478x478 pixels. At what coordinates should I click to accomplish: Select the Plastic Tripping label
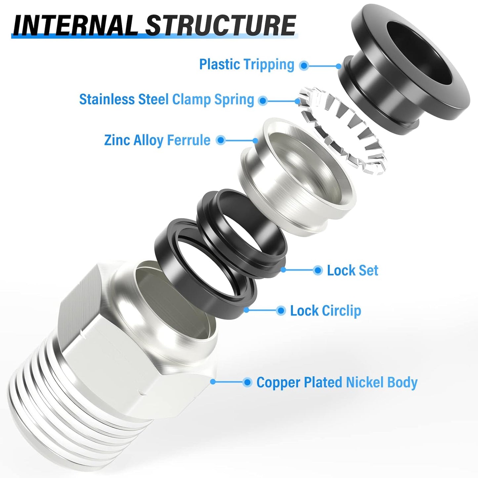pos(246,64)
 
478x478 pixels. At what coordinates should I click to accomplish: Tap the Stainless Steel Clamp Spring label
pos(166,99)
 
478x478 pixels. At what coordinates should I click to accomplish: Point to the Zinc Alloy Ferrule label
pos(157,140)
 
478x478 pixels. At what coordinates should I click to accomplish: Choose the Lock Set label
pos(352,270)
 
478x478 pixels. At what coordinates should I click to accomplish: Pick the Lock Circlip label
pos(326,311)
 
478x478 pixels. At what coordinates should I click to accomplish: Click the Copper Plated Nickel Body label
pos(337,382)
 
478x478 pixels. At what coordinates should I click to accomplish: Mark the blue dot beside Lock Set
pos(318,270)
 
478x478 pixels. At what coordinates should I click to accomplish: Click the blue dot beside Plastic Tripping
pos(304,65)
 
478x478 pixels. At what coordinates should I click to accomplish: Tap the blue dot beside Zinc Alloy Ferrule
pos(221,140)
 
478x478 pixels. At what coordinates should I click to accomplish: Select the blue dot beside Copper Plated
pos(247,382)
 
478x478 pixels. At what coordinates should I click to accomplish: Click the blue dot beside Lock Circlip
pos(281,311)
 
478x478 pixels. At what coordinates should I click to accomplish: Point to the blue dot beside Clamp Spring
pos(263,100)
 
